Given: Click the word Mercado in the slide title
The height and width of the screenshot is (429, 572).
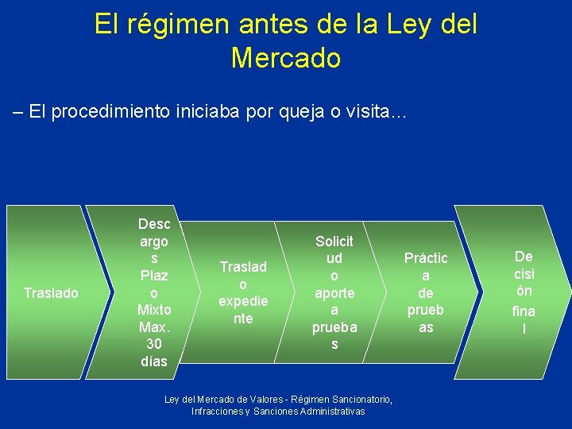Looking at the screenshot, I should [286, 58].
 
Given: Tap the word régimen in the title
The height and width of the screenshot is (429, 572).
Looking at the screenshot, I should [191, 24].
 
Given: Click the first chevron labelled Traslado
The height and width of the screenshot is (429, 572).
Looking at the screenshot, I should [51, 293].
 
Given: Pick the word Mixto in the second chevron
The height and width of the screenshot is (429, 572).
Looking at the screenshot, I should [154, 310].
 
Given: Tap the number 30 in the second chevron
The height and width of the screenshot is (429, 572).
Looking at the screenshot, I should [154, 344].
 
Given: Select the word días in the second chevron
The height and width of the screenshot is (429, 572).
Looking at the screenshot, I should [154, 361].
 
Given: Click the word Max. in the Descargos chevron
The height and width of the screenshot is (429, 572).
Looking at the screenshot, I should [154, 327].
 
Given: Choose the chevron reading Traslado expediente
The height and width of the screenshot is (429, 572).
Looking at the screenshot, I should [243, 292].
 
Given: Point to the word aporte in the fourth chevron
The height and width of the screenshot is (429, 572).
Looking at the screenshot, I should [334, 293].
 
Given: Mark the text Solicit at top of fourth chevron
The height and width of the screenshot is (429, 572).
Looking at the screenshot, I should [334, 242].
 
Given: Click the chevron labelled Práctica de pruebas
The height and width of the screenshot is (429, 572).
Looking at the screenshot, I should [426, 292].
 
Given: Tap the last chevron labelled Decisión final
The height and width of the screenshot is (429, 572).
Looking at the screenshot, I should [524, 292].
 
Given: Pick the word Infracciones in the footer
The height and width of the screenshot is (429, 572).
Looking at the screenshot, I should [217, 412].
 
